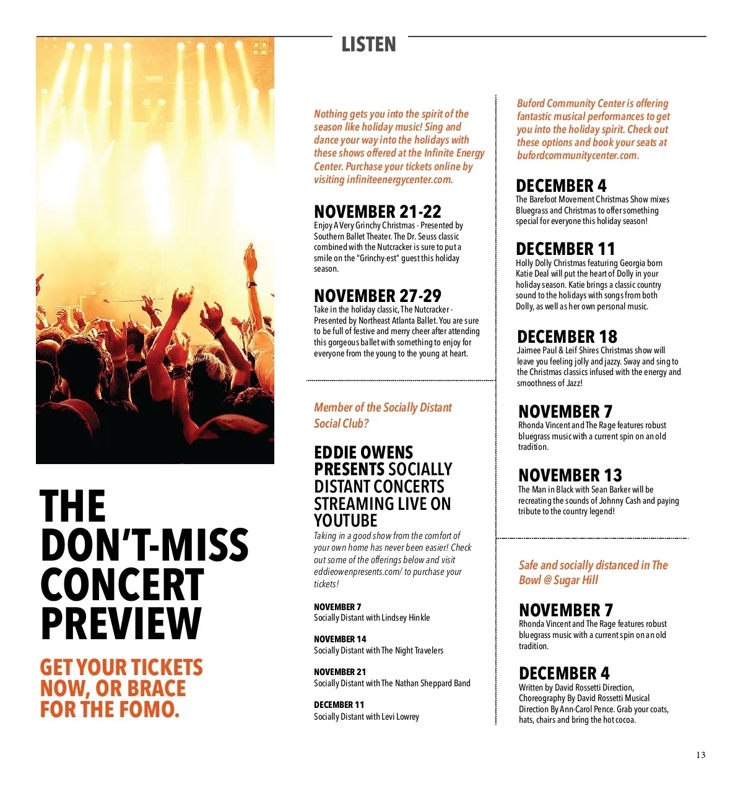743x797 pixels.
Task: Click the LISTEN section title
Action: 368,45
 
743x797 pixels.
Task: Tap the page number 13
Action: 700,755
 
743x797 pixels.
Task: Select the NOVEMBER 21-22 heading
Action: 377,212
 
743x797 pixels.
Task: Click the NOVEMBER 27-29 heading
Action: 377,296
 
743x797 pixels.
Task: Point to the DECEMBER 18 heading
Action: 567,337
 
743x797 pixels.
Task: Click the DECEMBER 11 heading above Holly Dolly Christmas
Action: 565,249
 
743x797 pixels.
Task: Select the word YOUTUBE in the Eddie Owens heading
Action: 345,521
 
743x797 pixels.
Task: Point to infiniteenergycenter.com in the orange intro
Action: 399,179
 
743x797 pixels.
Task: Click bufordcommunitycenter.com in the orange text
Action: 577,155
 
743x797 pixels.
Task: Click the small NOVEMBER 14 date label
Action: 340,639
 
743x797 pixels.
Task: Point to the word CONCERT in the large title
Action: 122,585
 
